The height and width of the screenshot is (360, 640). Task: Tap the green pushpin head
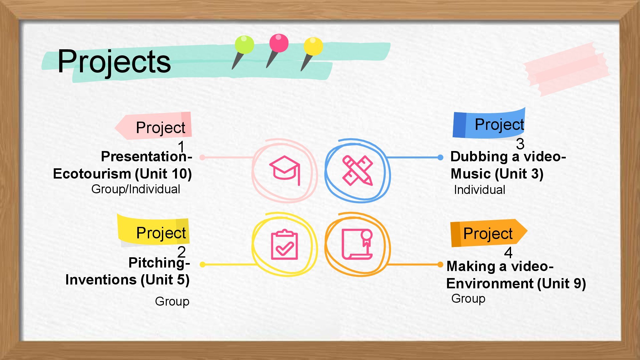pos(244,44)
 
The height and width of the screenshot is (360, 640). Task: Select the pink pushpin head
pos(279,43)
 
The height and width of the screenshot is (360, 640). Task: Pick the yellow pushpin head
pos(313,46)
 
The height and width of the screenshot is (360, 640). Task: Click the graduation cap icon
pos(285,170)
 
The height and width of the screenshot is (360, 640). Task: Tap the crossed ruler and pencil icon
pos(357,170)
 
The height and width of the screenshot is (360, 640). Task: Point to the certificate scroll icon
pos(357,244)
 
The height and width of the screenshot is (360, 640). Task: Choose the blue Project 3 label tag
pos(489,124)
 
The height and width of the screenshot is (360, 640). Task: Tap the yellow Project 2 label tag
pos(153,231)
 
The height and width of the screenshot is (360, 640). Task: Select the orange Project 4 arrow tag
pos(489,233)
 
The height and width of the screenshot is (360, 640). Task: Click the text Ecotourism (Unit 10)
pos(122,174)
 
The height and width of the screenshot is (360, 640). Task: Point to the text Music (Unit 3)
pos(497,174)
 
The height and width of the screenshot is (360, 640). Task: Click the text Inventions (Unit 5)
pos(127,280)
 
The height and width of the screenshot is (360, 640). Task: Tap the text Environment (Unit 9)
pos(516,284)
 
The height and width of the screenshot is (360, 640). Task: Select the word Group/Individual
pos(136,189)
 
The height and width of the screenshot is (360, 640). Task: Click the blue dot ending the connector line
pos(440,157)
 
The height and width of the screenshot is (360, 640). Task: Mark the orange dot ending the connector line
pos(440,265)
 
